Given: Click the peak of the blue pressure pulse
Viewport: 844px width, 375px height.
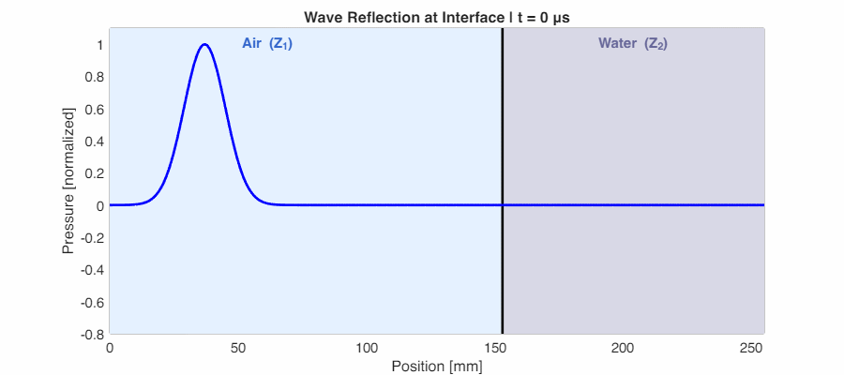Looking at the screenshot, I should [x=203, y=44].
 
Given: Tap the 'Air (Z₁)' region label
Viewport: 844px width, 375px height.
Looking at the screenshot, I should [x=267, y=43].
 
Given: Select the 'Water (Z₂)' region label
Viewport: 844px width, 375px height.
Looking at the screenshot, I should [x=632, y=43].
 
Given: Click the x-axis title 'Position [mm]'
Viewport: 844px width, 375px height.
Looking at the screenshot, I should [x=437, y=366].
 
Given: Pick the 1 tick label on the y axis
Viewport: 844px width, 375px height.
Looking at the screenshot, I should [x=98, y=45].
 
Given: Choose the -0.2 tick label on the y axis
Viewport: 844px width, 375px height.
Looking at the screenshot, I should [x=91, y=237].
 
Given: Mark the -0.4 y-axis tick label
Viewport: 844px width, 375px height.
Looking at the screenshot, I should [x=91, y=269].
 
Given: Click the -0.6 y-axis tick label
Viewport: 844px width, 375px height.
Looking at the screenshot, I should [x=91, y=301].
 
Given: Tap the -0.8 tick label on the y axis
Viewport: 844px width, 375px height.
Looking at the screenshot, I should [x=91, y=333].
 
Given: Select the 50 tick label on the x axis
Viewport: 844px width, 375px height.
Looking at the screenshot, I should [x=238, y=348].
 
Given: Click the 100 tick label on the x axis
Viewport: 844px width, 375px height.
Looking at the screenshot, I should [x=367, y=348].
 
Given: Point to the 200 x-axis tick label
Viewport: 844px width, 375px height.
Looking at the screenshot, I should [x=624, y=348].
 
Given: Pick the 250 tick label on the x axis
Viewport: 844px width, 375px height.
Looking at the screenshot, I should [x=752, y=348].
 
